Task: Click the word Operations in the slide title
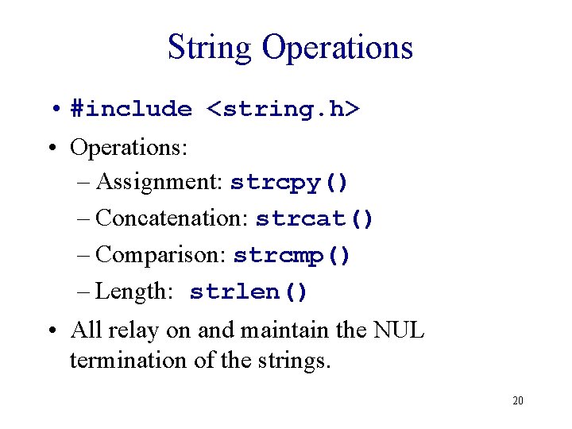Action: (338, 48)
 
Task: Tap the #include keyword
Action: (131, 110)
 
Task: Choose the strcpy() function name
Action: (289, 183)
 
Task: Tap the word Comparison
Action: (161, 255)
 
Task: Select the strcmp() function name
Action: (292, 256)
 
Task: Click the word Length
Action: (133, 292)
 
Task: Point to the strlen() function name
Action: (249, 292)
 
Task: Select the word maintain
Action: (280, 330)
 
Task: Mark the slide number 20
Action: (517, 400)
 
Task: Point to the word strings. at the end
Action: (292, 360)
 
